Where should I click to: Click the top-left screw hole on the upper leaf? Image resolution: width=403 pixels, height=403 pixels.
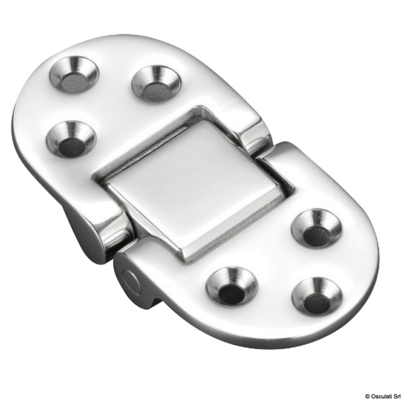[x=74, y=75]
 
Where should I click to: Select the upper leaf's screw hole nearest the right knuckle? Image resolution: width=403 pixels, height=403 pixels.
[x=156, y=83]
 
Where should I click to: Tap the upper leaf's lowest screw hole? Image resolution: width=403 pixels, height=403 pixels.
[x=71, y=139]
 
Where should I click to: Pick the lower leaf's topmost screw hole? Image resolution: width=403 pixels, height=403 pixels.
[x=316, y=228]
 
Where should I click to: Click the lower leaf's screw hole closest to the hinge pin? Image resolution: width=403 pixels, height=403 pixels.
[x=231, y=286]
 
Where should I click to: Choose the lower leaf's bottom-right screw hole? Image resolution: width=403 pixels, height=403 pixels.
[x=317, y=296]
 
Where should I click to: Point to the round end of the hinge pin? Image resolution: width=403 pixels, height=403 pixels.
[x=131, y=281]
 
